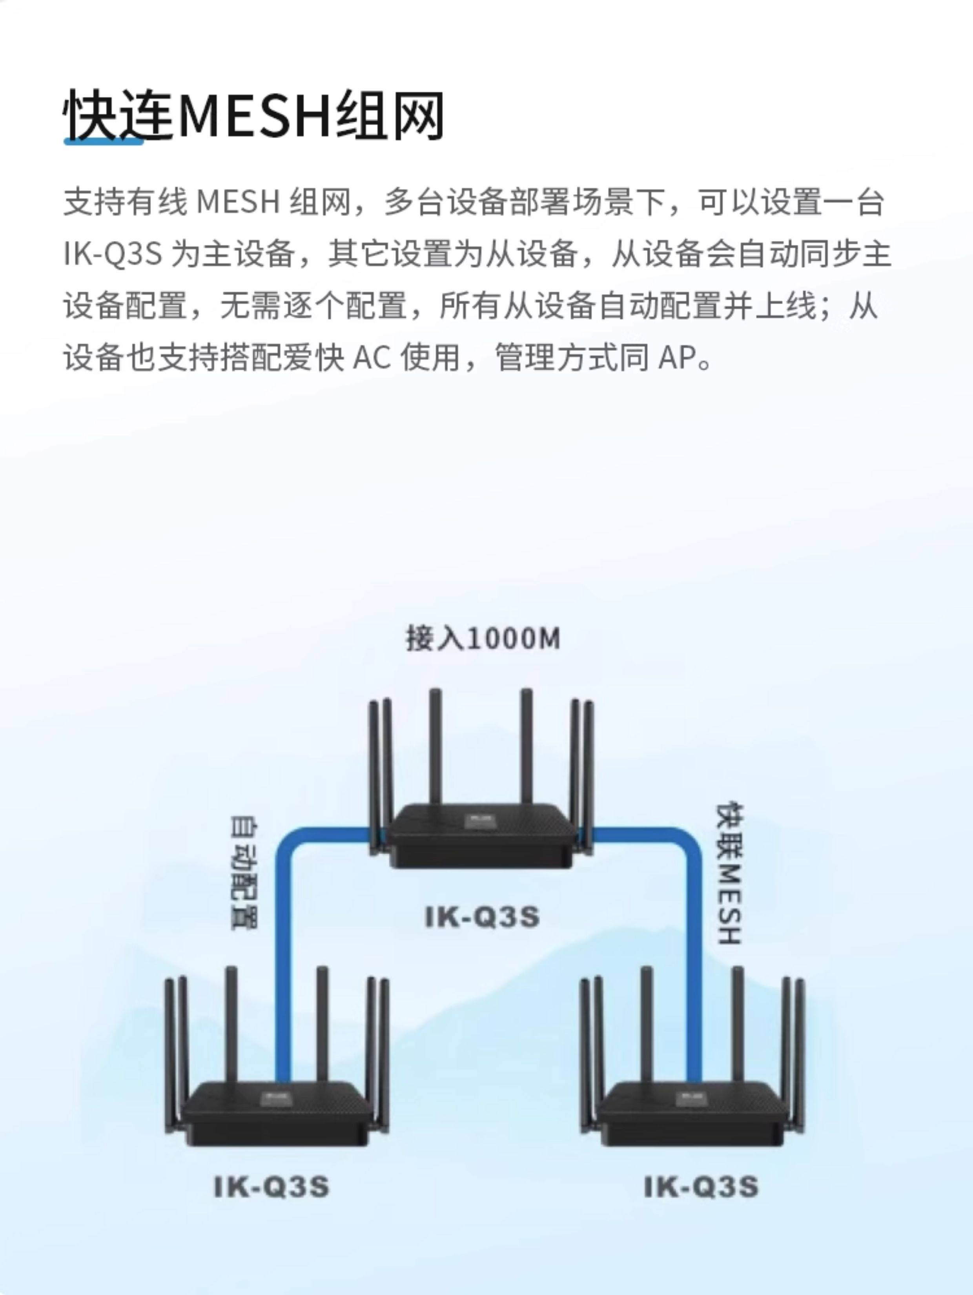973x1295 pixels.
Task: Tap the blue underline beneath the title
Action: tap(104, 141)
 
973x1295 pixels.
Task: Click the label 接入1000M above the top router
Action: tap(483, 639)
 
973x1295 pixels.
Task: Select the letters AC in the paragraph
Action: tap(372, 357)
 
